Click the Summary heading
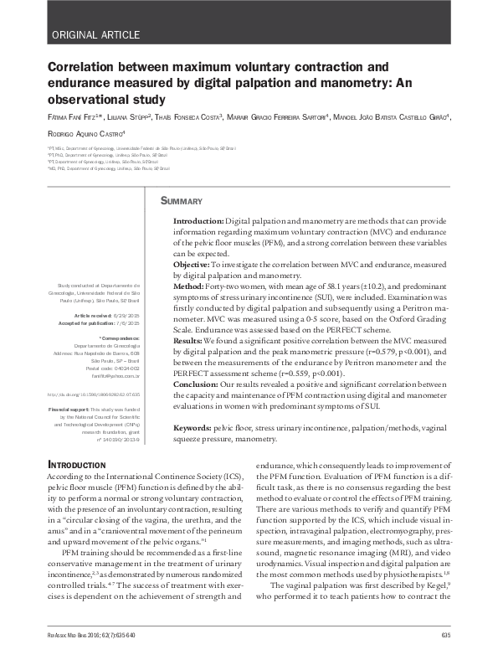(182, 201)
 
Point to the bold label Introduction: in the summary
(198, 218)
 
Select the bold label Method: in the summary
(190, 286)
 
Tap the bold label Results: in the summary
(191, 342)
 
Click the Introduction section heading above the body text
(76, 464)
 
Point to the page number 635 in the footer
(445, 636)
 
